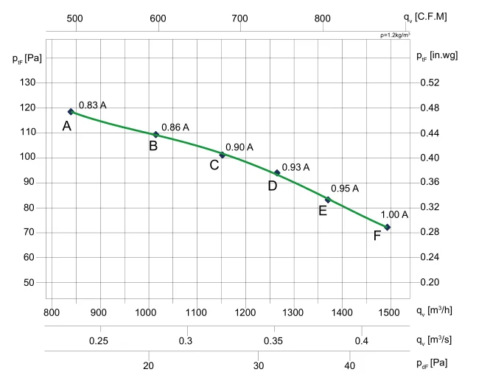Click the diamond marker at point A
tap(71, 111)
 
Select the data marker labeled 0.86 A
tap(155, 135)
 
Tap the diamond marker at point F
tap(387, 227)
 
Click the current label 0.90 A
tap(239, 147)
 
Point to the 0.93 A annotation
tap(296, 167)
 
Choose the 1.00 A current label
tap(394, 214)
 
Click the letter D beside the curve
tap(272, 186)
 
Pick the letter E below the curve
tap(323, 211)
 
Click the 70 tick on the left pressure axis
tap(29, 232)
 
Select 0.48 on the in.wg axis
tap(430, 108)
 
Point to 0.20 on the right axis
tap(430, 282)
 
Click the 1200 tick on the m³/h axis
tap(244, 312)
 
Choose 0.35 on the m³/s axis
tap(273, 340)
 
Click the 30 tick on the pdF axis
tap(258, 365)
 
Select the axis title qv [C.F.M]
tap(425, 15)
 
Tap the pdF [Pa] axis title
tap(431, 363)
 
